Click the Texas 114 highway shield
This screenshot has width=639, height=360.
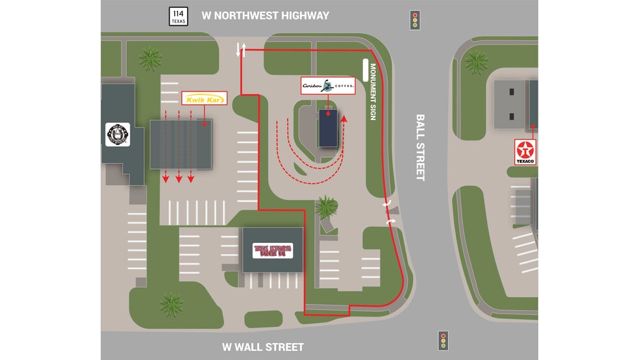coord(177,16)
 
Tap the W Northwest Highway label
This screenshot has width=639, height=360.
coord(265,16)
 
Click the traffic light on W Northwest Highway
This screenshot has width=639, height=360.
coord(414,19)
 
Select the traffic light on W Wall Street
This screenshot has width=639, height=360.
coord(444,340)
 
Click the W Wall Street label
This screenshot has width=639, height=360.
coord(262,347)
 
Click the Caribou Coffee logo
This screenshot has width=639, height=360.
coord(329,86)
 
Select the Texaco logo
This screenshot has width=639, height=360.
coord(525,151)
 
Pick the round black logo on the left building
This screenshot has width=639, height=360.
coord(118,135)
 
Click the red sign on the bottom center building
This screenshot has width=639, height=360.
coord(273,250)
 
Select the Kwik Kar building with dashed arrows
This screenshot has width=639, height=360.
coord(181,144)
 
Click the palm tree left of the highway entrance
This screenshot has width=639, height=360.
coord(151,59)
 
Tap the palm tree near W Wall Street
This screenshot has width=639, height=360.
coord(171,303)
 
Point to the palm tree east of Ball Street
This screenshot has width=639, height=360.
coord(477,62)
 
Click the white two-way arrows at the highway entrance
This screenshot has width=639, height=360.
coord(241,49)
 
